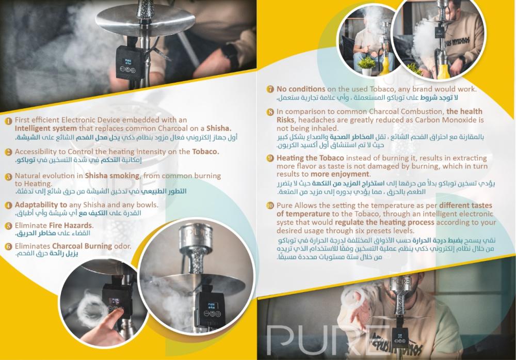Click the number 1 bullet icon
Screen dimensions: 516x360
coord(8,121)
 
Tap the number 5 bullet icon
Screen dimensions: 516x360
coord(9,226)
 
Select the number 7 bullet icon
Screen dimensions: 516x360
coord(270,89)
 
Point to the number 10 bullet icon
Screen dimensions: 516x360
coord(270,206)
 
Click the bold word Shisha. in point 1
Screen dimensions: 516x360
coord(219,129)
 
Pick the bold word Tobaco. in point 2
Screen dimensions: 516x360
coord(206,152)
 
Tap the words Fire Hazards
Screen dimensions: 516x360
coord(71,226)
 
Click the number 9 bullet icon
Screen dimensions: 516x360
coord(270,159)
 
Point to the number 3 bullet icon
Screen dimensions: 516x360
coord(9,177)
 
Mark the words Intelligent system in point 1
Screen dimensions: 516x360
coord(46,129)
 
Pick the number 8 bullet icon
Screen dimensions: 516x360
coord(270,112)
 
